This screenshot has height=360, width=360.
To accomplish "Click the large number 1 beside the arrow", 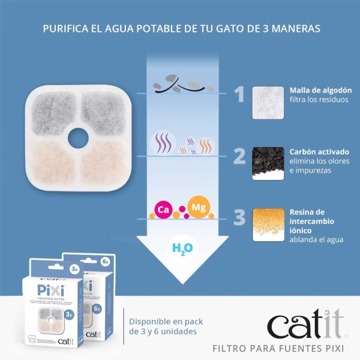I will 239,94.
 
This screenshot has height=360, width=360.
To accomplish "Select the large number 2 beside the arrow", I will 239,156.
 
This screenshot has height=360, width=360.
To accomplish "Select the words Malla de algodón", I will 320,90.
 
